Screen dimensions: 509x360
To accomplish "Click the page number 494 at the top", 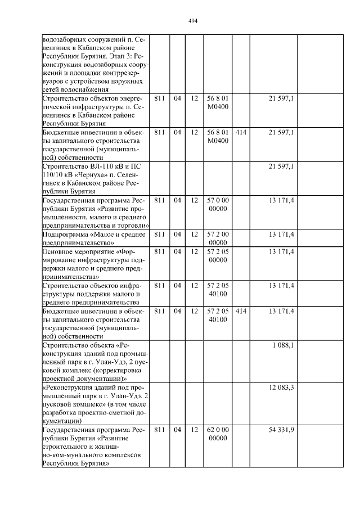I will pyautogui.click(x=193, y=21).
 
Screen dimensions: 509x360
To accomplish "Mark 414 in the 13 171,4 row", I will pyautogui.click(x=241, y=311).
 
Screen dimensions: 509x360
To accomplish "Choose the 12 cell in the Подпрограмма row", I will pyautogui.click(x=195, y=234).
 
